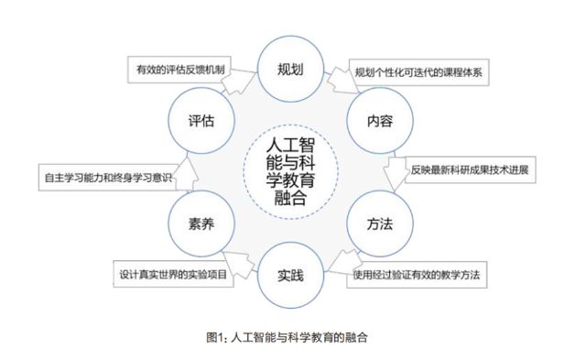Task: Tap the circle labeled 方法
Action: pyautogui.click(x=379, y=223)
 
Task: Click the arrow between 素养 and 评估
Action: pyautogui.click(x=183, y=172)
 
